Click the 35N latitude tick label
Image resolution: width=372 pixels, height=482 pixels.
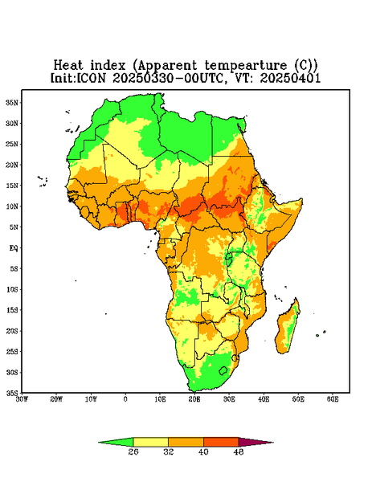pos(12,102)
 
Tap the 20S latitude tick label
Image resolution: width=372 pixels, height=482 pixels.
pos(12,331)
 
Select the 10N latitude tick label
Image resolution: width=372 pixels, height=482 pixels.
pos(12,206)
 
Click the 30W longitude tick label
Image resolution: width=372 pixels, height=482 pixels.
pos(22,399)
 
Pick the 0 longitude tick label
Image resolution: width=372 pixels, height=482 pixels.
pos(125,399)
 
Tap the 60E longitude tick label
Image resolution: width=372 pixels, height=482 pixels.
pos(333,399)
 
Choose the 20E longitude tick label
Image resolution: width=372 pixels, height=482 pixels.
pos(194,399)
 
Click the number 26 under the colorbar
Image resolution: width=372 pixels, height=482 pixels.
pos(133,451)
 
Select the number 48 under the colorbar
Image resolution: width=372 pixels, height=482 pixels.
pos(239,451)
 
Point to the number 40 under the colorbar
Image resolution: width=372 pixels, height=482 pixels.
pos(203,451)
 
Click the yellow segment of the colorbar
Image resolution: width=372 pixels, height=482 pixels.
pos(150,442)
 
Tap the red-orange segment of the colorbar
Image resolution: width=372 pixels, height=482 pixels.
pos(221,442)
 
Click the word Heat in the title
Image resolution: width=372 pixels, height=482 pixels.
pos(68,66)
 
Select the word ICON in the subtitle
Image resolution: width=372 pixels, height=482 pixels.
pos(91,78)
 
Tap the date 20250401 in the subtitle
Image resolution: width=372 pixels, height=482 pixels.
pos(290,78)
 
